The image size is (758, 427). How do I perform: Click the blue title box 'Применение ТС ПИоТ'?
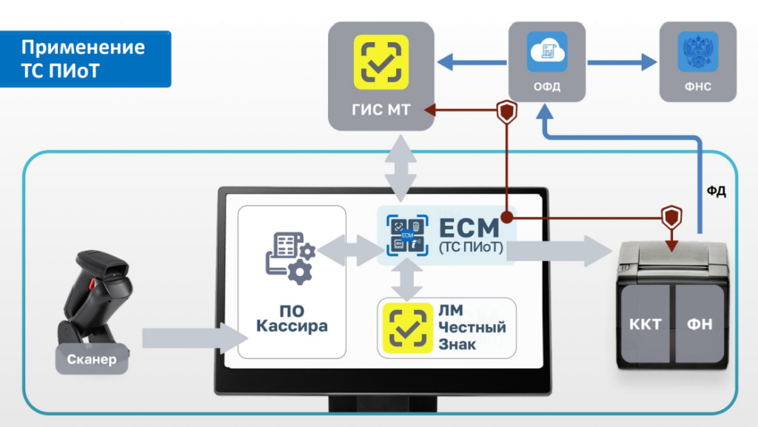(x=84, y=59)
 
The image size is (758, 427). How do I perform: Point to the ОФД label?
(x=547, y=87)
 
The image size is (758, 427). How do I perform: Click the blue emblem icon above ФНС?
(x=698, y=51)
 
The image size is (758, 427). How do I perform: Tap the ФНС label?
(x=698, y=87)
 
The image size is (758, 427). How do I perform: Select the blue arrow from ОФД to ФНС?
(x=622, y=62)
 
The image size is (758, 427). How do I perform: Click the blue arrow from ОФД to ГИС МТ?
(x=472, y=62)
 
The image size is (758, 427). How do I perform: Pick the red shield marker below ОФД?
(x=507, y=112)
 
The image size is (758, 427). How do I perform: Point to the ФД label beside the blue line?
(x=716, y=192)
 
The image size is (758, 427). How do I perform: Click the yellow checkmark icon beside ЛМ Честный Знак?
(x=404, y=327)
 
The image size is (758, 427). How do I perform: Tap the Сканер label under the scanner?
(x=90, y=360)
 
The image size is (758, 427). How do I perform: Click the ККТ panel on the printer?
(x=643, y=324)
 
